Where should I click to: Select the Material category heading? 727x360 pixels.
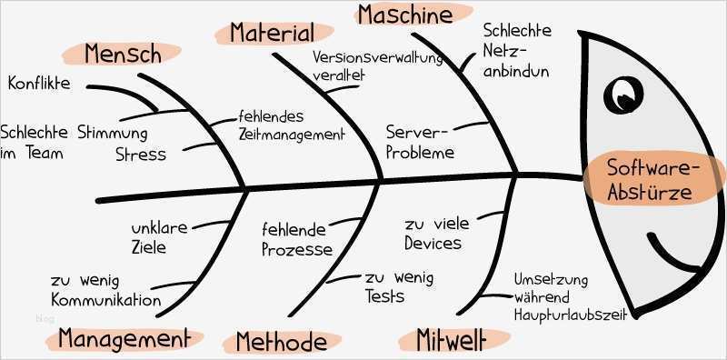[271, 34]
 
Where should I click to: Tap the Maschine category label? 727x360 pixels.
[404, 15]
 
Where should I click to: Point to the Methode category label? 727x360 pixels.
[281, 342]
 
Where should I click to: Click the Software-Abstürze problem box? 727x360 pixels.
[651, 180]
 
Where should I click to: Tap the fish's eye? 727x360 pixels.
[622, 92]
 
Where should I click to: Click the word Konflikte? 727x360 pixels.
[39, 85]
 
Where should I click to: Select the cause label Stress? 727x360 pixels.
[141, 154]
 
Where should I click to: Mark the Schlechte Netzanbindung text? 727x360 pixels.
[515, 51]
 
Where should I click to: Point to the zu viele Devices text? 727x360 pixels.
[433, 233]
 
